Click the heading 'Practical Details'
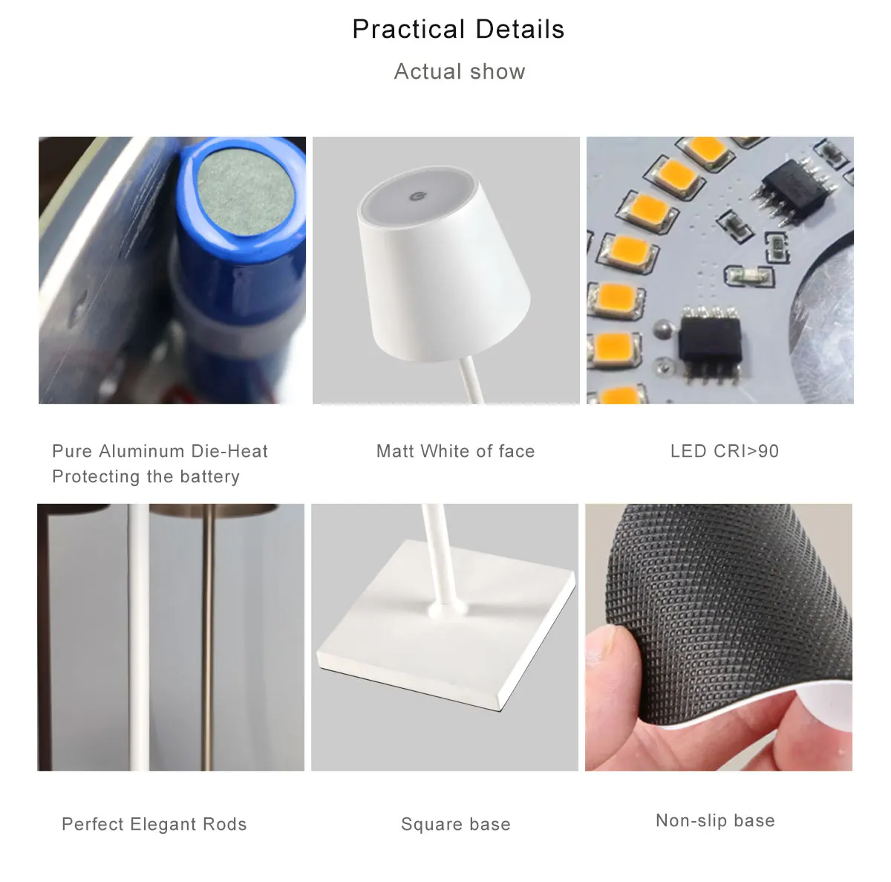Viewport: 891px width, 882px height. coord(458,30)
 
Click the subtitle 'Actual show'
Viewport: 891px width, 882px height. coord(460,71)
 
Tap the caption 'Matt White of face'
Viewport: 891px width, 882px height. coord(455,451)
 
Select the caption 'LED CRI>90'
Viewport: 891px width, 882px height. coord(725,451)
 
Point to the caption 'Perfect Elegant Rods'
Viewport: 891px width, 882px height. coord(154,824)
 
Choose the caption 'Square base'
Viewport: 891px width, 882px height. coord(455,824)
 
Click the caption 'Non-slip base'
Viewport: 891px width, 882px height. coord(715,820)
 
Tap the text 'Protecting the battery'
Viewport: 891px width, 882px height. coord(146,476)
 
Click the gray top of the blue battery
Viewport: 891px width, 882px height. coord(244,192)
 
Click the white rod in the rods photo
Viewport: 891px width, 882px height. coord(138,639)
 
